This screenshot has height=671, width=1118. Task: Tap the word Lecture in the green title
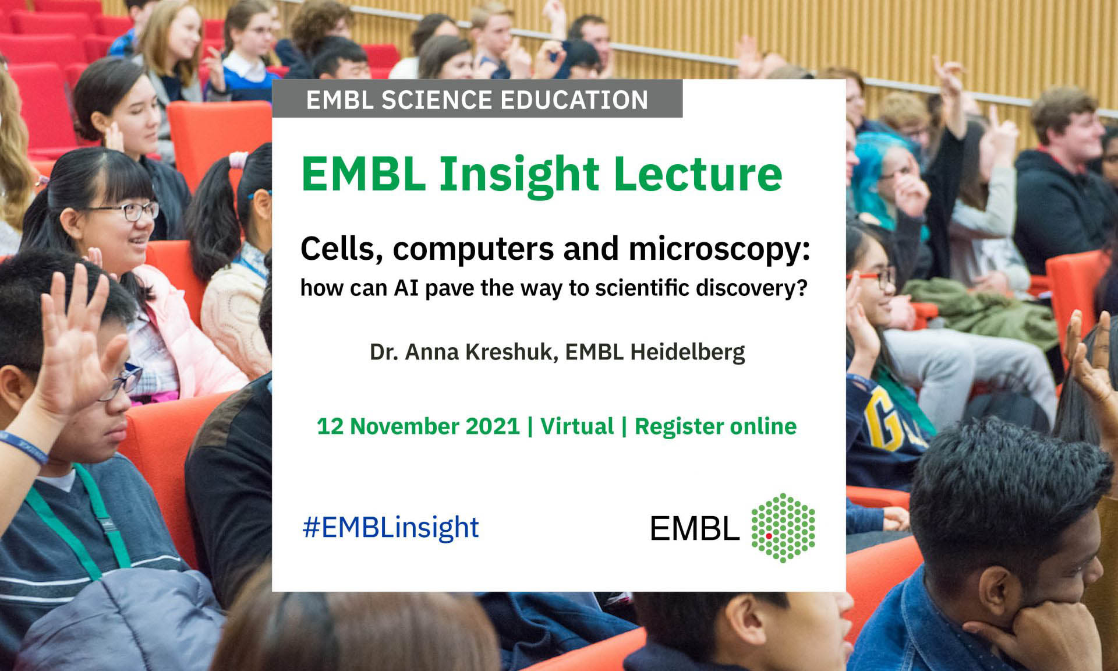[698, 174]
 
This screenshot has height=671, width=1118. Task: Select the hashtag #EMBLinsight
[390, 528]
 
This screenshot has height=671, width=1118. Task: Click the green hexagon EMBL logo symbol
[783, 528]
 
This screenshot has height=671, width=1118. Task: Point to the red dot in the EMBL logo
[769, 535]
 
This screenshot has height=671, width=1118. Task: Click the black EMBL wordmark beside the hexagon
[695, 529]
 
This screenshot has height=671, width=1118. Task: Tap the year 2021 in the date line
[493, 426]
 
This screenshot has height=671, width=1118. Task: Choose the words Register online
[715, 426]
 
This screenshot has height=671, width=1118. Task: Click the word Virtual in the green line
[577, 426]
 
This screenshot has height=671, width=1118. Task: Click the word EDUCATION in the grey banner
[574, 100]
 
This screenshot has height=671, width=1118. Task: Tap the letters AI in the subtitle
[406, 288]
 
